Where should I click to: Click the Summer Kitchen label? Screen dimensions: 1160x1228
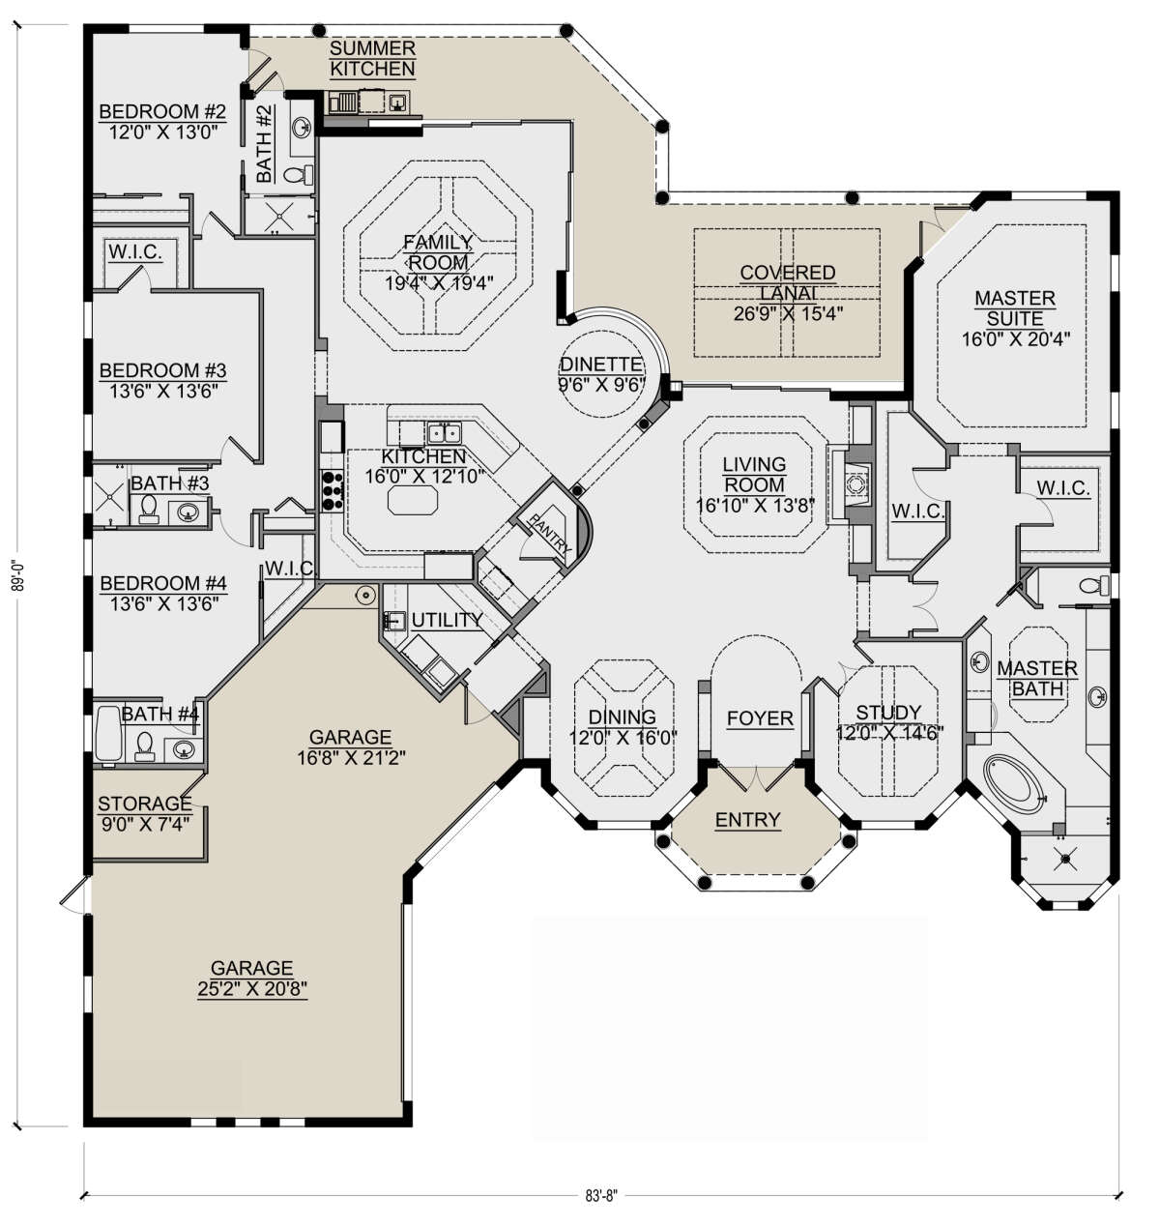[372, 59]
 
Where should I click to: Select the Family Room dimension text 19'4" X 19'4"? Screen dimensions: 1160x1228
[439, 283]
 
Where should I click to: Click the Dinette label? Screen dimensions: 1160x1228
[601, 365]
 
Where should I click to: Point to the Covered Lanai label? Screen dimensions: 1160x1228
[788, 282]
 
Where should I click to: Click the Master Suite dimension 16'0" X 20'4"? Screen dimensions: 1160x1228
[1015, 338]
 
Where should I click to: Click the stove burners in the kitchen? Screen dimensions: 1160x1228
[332, 491]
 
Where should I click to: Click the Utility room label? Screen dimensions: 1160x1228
[447, 620]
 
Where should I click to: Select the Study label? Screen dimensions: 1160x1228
[888, 713]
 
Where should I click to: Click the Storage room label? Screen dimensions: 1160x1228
[145, 804]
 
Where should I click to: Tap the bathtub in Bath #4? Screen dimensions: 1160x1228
[109, 734]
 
